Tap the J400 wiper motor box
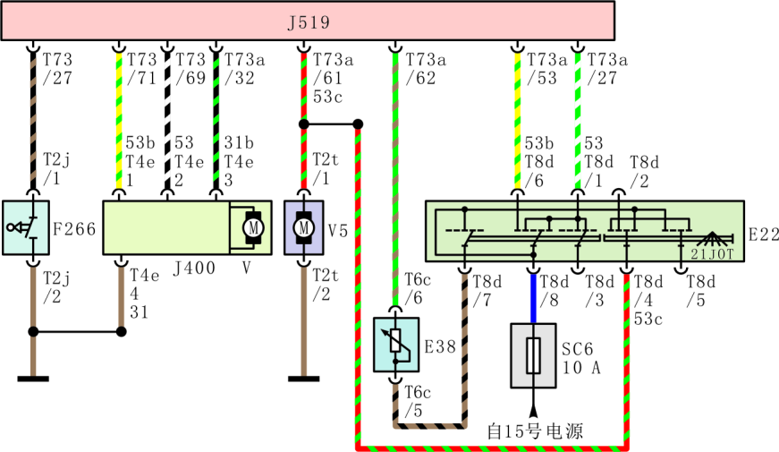coord(180,227)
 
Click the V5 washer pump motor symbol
coord(303,227)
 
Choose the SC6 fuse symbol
coord(533,355)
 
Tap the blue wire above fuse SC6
coord(534,296)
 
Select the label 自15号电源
coord(535,431)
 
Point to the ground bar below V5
coord(303,379)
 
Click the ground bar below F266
coord(33,379)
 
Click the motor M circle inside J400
coord(252,227)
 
